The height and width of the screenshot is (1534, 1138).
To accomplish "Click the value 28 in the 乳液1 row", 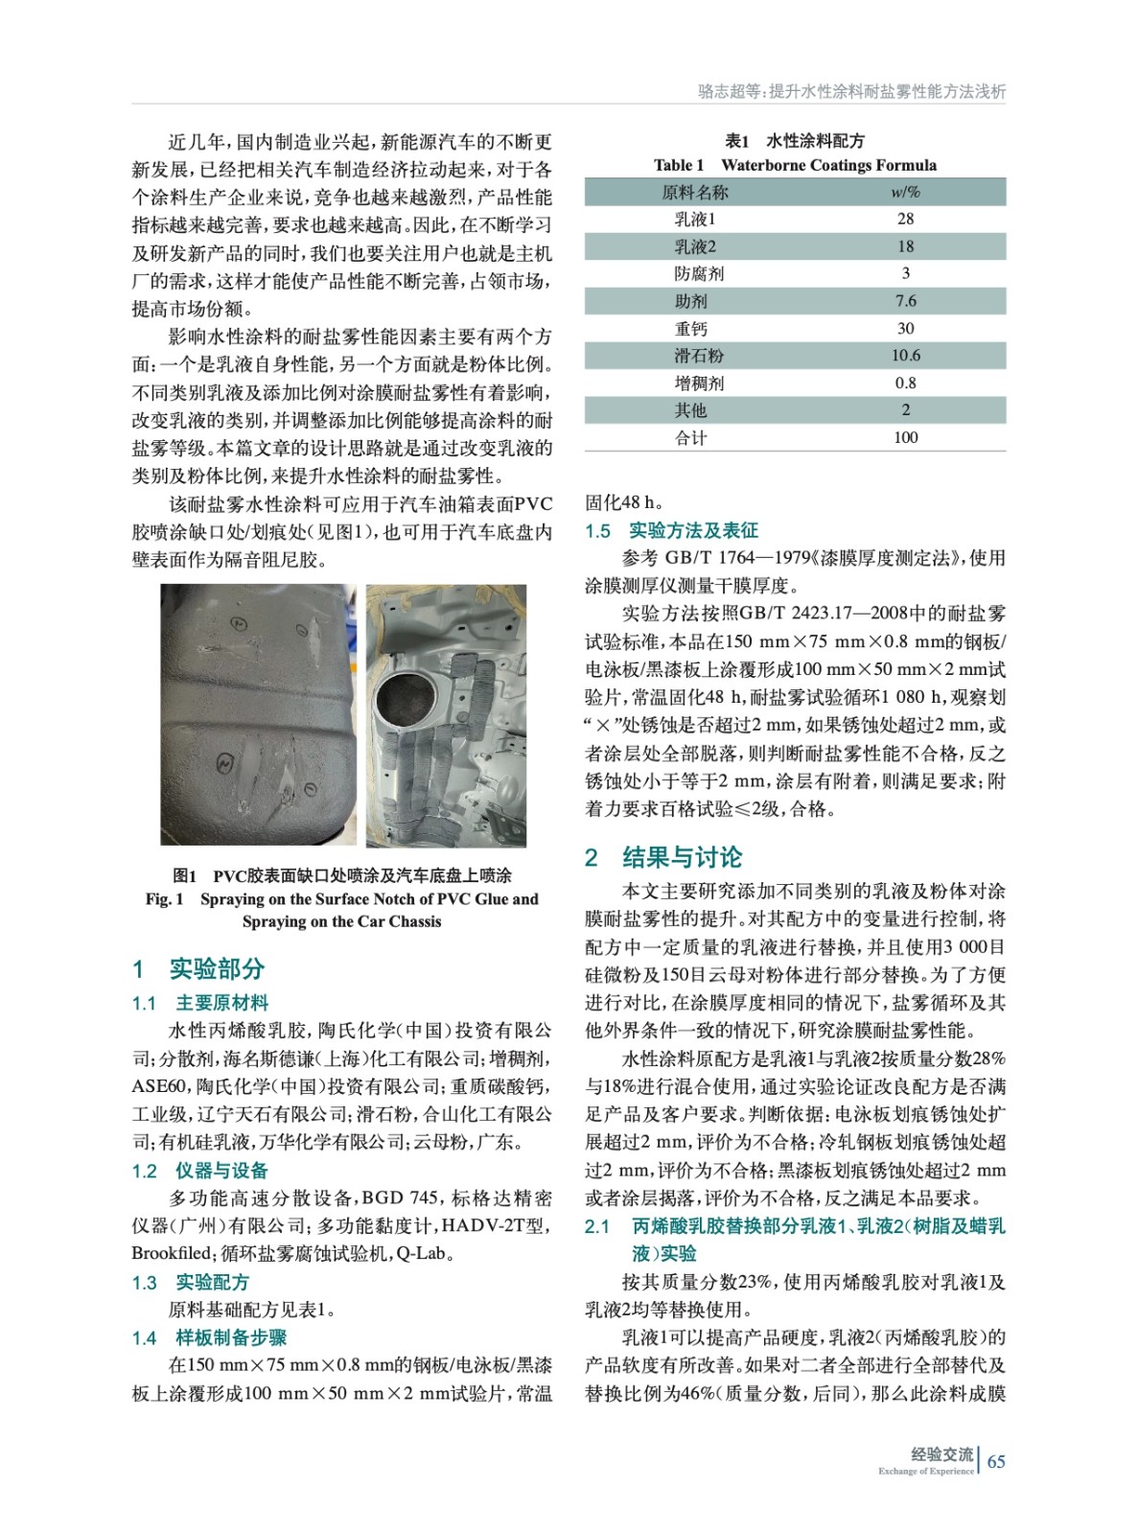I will click(905, 219).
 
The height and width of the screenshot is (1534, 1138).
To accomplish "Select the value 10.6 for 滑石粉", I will click(905, 356).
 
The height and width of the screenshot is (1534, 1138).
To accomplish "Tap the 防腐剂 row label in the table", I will click(699, 274).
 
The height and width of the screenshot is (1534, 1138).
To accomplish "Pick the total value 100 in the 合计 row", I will click(905, 437).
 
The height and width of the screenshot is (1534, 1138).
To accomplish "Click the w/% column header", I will click(905, 192).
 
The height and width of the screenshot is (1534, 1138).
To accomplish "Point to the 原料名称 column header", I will click(695, 192).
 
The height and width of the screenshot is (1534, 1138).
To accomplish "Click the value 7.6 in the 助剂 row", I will click(905, 301).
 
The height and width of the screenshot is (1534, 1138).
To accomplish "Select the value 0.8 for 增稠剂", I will click(905, 383).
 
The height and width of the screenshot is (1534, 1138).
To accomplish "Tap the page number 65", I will click(996, 1461).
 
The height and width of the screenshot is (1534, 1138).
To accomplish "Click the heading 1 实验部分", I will click(198, 968).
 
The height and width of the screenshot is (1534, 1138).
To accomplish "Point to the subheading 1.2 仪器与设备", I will click(200, 1171).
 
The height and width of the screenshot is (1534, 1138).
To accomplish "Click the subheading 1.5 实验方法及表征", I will click(671, 530).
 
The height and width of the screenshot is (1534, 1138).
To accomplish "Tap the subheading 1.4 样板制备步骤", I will click(209, 1337).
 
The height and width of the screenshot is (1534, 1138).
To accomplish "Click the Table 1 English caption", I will click(795, 165).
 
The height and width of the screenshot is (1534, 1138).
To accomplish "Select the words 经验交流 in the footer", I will click(941, 1454).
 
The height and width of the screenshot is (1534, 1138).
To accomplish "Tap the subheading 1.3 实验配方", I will click(191, 1282).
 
